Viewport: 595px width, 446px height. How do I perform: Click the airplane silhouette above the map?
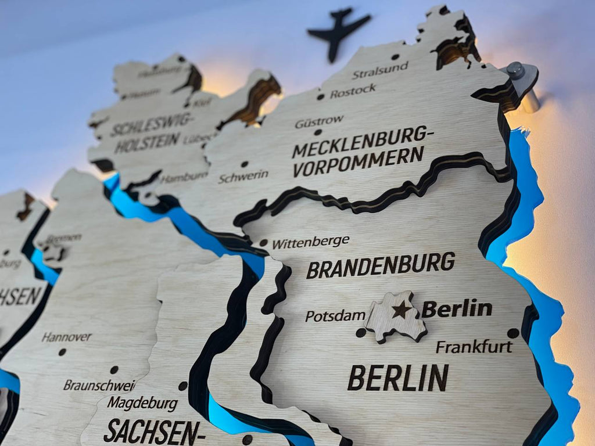(x=339, y=31)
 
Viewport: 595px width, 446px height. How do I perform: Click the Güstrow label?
(x=319, y=121)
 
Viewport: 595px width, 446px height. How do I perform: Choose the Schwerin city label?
(x=243, y=176)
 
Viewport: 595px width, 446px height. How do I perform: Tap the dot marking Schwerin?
(x=245, y=164)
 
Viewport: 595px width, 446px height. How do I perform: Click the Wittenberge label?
(x=310, y=242)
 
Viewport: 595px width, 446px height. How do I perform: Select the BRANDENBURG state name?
(x=381, y=265)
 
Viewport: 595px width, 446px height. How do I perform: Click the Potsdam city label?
(x=335, y=316)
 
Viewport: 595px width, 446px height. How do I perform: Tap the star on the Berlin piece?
(x=402, y=310)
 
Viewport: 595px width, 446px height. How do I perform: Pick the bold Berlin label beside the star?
(x=457, y=308)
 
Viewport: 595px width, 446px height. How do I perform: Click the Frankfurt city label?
(x=474, y=347)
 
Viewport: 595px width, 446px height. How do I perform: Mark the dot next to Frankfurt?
(x=512, y=333)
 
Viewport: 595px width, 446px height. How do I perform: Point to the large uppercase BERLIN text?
(x=398, y=377)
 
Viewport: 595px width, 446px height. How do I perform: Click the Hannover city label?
(x=66, y=337)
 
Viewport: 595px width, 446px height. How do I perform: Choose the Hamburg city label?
(x=184, y=177)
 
